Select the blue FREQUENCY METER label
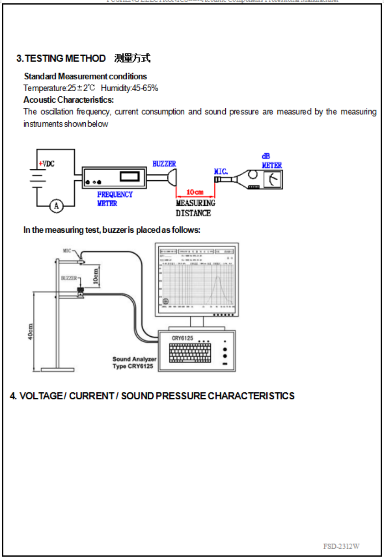[114, 199]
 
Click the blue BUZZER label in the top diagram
[164, 164]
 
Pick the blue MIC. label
[221, 171]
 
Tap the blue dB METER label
[271, 161]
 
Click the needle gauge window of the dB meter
[271, 180]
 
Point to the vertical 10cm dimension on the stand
[96, 276]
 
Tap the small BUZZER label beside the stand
[68, 278]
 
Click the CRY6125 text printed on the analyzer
[183, 338]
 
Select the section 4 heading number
[14, 396]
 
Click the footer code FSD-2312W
[341, 546]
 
